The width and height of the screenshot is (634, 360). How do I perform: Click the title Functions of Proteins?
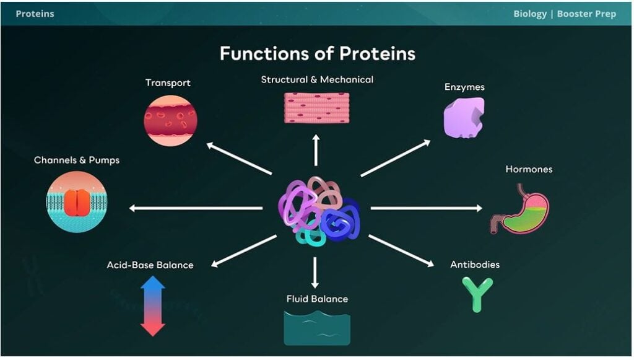tap(317, 53)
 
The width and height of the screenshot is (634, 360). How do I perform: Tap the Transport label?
tap(168, 83)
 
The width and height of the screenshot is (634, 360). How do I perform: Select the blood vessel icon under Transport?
tap(170, 120)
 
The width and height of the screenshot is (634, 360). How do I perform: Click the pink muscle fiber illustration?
tap(316, 108)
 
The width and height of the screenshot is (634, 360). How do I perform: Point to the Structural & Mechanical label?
tap(317, 80)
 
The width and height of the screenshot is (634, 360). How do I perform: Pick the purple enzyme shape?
tap(464, 117)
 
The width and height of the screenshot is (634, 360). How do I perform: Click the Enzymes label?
tap(464, 87)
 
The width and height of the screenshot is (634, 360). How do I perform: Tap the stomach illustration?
tap(522, 210)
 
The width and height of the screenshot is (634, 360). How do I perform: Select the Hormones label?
tap(529, 169)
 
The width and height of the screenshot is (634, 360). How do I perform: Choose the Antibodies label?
tap(475, 265)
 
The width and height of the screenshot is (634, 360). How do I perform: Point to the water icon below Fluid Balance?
tap(316, 327)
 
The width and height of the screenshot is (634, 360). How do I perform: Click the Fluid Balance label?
tap(317, 299)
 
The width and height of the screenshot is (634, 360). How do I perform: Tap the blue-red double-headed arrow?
tap(153, 305)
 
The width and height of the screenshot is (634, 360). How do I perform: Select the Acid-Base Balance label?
tap(150, 265)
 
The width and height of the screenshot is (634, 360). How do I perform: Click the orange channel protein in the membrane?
tap(77, 202)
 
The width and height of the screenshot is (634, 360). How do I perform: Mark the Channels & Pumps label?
tap(77, 160)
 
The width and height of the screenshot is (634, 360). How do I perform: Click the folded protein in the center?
tap(317, 211)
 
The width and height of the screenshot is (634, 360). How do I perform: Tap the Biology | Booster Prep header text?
tap(565, 14)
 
